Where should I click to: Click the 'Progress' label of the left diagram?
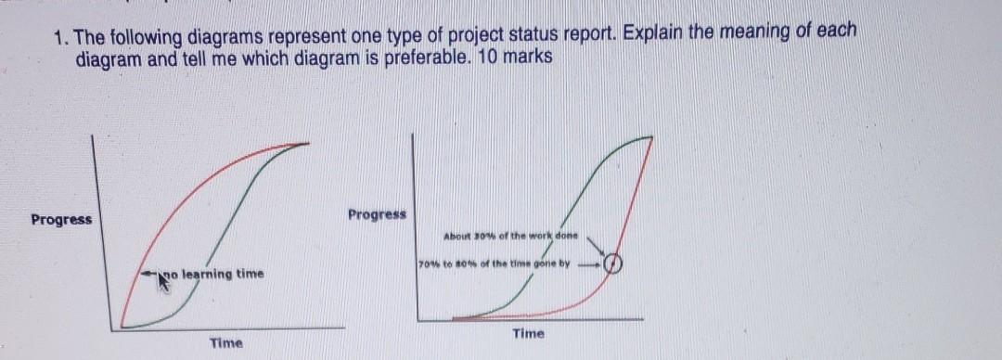click(61, 220)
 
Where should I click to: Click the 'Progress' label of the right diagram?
click(377, 214)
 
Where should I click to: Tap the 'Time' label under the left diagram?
click(225, 343)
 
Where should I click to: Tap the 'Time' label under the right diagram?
click(528, 333)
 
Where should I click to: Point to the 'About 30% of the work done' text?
click(511, 237)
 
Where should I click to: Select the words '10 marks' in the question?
click(517, 56)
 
